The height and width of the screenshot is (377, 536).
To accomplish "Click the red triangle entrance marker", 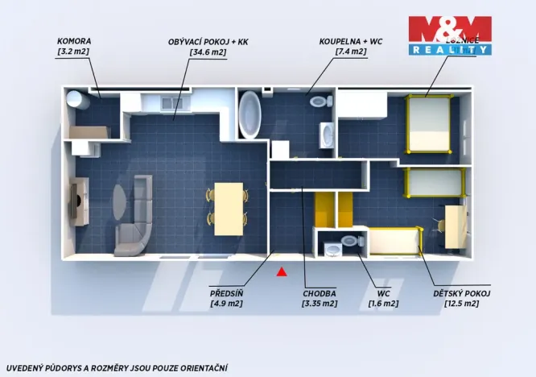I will click(281, 271).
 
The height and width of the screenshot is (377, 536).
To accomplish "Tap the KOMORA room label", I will click(74, 41).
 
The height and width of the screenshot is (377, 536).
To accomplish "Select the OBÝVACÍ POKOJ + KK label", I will click(198, 41).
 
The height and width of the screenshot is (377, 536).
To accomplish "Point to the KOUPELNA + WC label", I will click(351, 41).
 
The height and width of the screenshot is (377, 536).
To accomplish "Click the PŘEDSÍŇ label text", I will click(226, 292).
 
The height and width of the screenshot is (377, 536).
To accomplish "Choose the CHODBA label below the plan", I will click(320, 292).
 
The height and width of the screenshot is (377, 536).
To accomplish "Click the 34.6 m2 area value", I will click(198, 52).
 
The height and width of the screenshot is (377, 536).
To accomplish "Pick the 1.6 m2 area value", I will click(383, 304).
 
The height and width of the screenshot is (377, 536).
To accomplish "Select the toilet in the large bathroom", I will click(320, 102).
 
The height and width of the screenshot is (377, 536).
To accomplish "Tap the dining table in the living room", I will click(229, 208).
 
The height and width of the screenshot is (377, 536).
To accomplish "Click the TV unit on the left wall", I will click(79, 201).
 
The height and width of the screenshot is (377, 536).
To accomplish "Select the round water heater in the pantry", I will click(76, 99).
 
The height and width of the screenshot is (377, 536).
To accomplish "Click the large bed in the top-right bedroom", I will click(429, 124).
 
